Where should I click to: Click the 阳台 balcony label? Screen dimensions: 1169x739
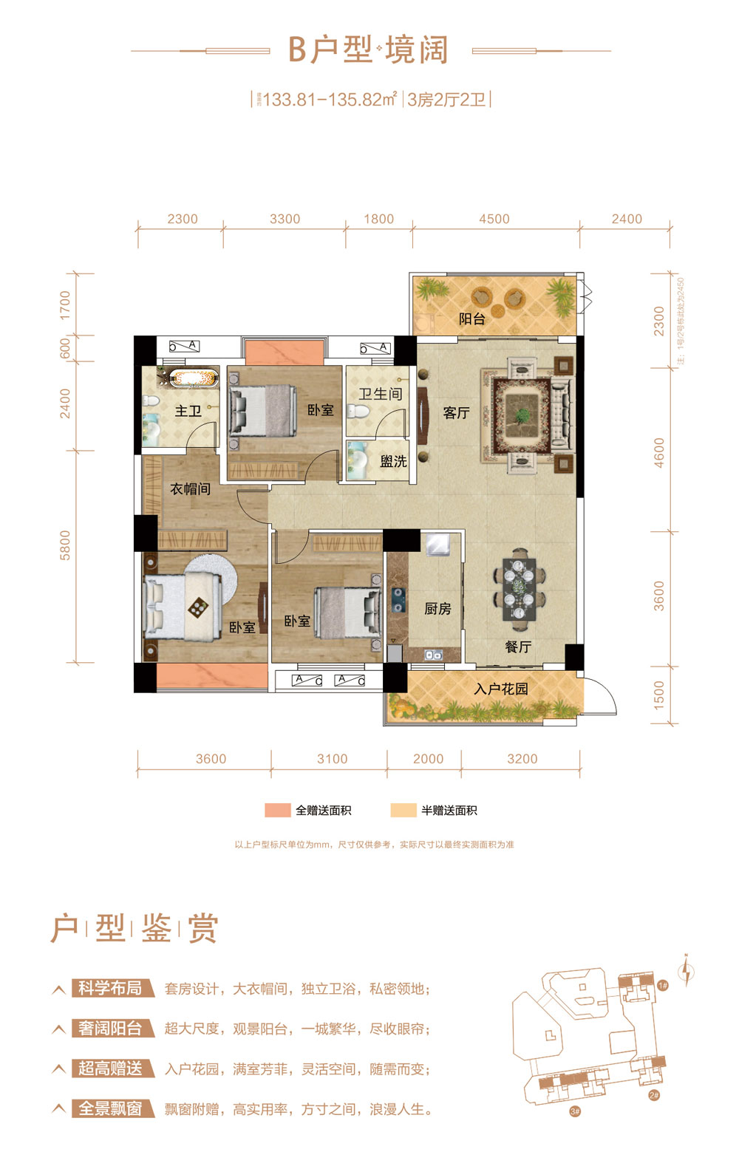pos(471,319)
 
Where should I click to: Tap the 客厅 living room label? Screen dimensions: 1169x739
pos(456,412)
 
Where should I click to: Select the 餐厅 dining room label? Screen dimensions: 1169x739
pos(518,647)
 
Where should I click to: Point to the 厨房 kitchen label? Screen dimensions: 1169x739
pos(437,609)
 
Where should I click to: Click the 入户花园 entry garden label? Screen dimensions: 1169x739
pos(501,689)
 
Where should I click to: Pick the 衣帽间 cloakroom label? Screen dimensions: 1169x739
pos(190,488)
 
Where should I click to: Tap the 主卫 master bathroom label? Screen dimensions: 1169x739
pos(188,410)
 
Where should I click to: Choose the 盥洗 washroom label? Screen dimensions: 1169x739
pos(393,461)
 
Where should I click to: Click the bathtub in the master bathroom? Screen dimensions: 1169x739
pos(194,378)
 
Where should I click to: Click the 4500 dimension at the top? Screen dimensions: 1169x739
pos(494,219)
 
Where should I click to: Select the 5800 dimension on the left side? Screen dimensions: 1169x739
pos(66,545)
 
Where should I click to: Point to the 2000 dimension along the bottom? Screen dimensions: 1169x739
pos(428,759)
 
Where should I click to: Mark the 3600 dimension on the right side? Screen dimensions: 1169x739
pos(659,596)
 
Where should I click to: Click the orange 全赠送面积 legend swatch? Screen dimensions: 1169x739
pos(277,810)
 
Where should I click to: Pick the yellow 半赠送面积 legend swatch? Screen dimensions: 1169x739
pos(403,810)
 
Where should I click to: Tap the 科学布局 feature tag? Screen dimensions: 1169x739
pos(112,988)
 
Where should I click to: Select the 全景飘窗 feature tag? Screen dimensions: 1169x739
pos(112,1108)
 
